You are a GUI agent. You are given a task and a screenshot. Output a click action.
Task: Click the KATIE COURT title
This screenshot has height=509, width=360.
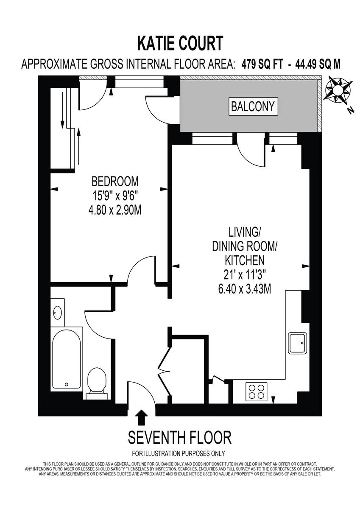point(180,43)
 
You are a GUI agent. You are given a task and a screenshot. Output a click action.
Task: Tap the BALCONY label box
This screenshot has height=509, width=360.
point(253,106)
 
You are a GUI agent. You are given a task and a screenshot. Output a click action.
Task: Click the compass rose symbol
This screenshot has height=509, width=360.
point(338,89)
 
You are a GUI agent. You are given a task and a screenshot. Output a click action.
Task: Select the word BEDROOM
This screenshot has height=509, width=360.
point(115,182)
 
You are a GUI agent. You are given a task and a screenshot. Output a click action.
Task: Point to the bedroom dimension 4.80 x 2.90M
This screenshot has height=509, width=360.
point(115,210)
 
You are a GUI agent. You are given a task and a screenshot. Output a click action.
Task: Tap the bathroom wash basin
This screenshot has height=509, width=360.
point(58,313)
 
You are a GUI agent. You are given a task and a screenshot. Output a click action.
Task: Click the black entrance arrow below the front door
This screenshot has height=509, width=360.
point(142,417)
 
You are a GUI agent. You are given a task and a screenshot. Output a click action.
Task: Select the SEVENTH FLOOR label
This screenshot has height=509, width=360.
point(179,437)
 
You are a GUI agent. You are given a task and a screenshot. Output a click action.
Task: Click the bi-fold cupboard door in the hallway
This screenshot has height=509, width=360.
point(164,370)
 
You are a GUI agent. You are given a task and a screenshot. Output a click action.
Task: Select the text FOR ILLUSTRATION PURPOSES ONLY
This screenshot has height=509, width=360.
point(179,453)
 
